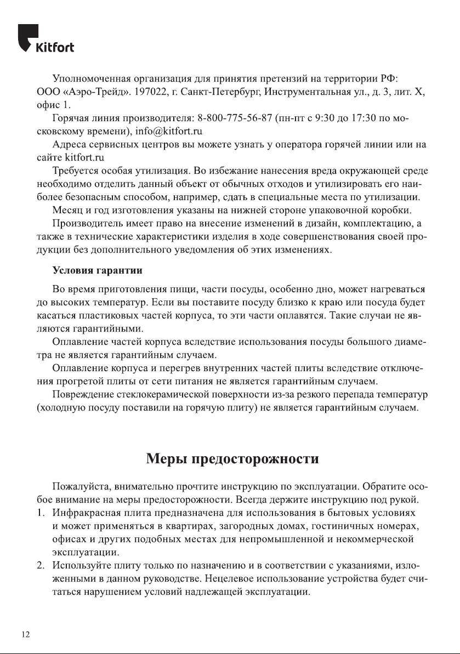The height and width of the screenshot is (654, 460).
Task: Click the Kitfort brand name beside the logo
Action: (x=54, y=47)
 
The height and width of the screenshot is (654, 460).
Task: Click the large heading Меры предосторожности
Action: (x=232, y=458)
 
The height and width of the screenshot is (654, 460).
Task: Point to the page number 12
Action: (x=26, y=634)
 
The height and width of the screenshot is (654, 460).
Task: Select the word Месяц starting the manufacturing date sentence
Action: (x=67, y=211)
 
